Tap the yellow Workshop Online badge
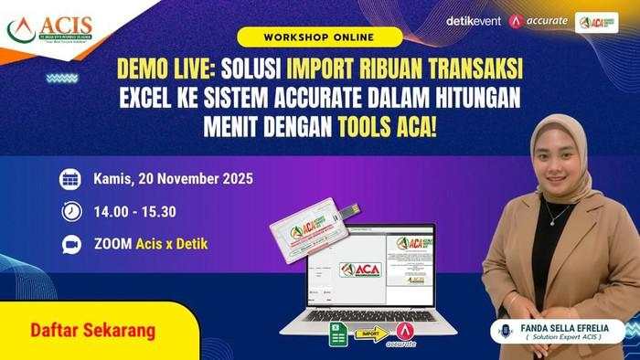(x=319, y=37)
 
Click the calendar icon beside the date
(x=70, y=178)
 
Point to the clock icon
(x=70, y=211)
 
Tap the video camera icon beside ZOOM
(x=70, y=244)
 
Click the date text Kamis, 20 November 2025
(x=173, y=178)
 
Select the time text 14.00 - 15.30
(x=134, y=211)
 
